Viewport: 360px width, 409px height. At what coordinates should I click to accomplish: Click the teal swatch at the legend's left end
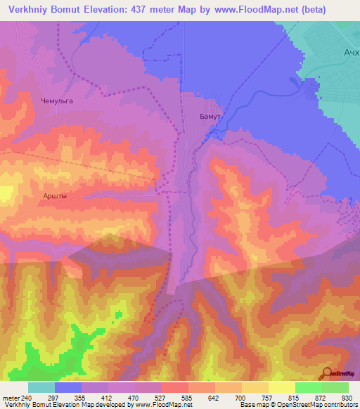click(x=41, y=387)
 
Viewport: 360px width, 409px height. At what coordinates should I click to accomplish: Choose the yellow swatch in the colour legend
click(x=281, y=387)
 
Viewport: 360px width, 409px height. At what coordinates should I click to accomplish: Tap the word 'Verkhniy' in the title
click(x=27, y=9)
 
